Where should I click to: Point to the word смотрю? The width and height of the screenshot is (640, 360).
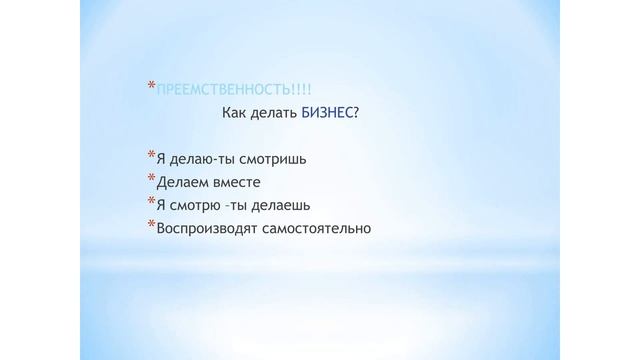pyautogui.click(x=194, y=206)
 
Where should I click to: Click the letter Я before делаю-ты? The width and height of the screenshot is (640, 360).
pyautogui.click(x=161, y=158)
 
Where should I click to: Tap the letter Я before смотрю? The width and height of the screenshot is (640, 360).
pyautogui.click(x=161, y=206)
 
